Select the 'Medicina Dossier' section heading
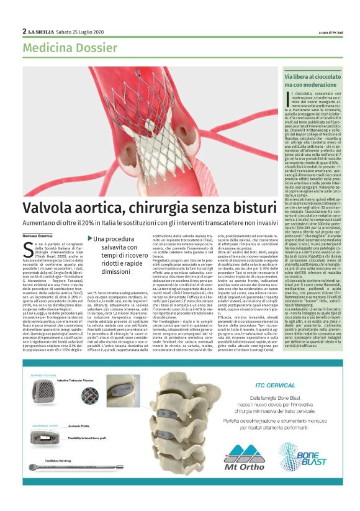pos(63,48)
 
